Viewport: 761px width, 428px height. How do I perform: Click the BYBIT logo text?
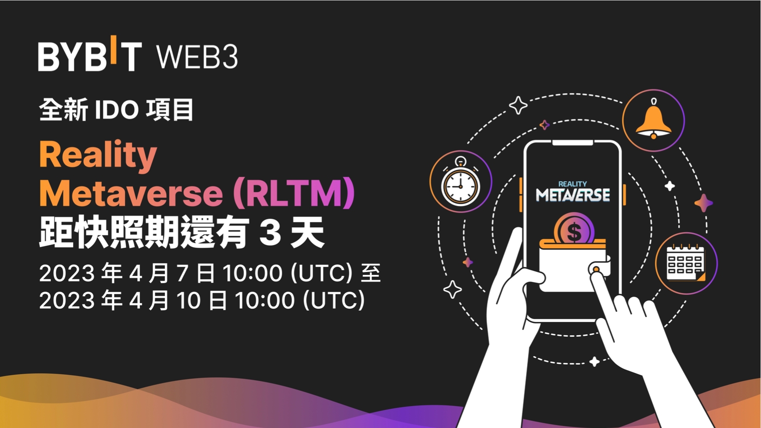point(89,56)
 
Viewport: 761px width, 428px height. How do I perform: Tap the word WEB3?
point(197,57)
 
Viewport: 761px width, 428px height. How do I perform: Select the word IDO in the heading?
point(117,110)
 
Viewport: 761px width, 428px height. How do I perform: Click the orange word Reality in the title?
point(98,155)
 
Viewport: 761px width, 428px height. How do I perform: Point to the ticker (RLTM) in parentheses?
point(294,193)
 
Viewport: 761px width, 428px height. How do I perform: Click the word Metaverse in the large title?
point(131,193)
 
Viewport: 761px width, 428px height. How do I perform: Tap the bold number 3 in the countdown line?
point(270,233)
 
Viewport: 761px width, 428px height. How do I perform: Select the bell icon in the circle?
point(654,121)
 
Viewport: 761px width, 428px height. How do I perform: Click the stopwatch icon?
point(460,182)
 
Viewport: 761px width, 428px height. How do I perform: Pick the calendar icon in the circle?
point(686,263)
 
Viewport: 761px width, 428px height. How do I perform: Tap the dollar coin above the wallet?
point(575,231)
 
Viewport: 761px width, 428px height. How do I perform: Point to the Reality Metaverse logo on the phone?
point(573,192)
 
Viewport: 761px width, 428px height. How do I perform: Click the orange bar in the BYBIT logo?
point(113,49)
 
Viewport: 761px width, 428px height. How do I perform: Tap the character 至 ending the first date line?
point(371,273)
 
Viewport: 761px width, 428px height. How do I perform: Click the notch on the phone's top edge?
point(573,142)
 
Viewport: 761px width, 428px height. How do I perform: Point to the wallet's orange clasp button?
point(595,270)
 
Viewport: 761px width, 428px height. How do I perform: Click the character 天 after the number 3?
point(308,233)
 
